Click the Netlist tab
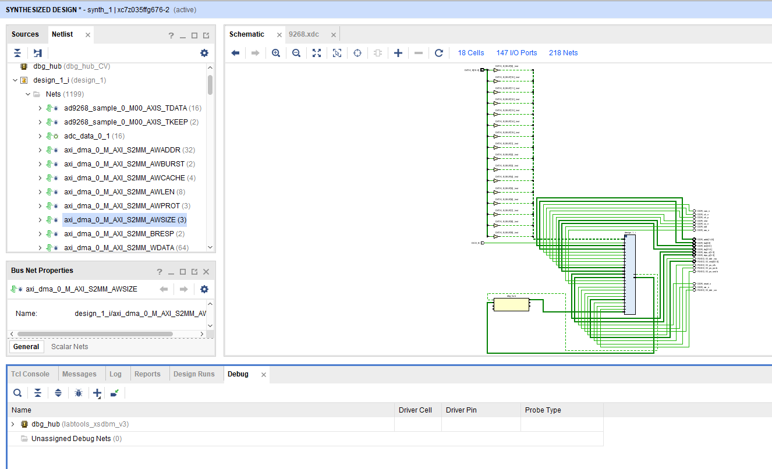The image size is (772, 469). point(62,34)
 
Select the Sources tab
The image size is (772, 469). point(25,34)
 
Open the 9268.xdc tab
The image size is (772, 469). point(304,34)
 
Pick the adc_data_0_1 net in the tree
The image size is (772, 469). point(87,136)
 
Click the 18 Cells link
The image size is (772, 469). point(470,53)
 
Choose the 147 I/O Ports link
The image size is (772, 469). point(516,53)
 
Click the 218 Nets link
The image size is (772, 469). point(563,53)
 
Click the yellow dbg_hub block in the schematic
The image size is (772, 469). point(511,305)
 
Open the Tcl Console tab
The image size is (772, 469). point(30,374)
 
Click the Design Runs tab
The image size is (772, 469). point(194,374)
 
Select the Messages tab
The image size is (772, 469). point(79,374)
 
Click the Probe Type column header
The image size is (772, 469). point(543,410)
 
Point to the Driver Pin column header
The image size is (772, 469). point(461,410)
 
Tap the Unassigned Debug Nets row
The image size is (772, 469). point(76,439)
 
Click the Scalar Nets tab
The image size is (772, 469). point(69,347)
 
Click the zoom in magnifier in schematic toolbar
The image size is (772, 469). point(276,53)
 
